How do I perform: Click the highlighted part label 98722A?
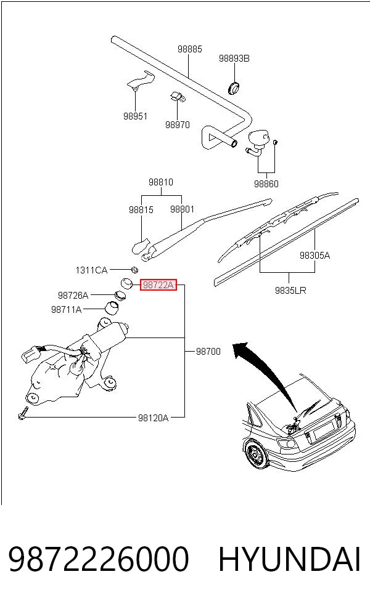coord(158,285)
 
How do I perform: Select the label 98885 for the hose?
coord(190,49)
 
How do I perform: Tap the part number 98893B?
coord(234,59)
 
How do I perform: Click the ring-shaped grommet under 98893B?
coord(233,87)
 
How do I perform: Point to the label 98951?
coord(136,116)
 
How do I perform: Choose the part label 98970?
coord(178,125)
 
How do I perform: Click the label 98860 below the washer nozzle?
coord(266,184)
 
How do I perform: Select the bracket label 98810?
coord(161,182)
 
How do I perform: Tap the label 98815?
coord(141,210)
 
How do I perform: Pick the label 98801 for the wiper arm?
coord(183,209)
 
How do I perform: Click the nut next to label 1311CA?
coord(134,270)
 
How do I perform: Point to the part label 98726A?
coord(73,296)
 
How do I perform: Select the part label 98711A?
coord(67,310)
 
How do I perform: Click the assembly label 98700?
coord(208,351)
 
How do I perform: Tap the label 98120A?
coord(154,418)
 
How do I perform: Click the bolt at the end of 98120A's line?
coord(22,413)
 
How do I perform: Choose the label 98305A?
coord(315,256)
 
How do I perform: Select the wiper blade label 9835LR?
coord(290,290)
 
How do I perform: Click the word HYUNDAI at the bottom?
coord(289,559)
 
